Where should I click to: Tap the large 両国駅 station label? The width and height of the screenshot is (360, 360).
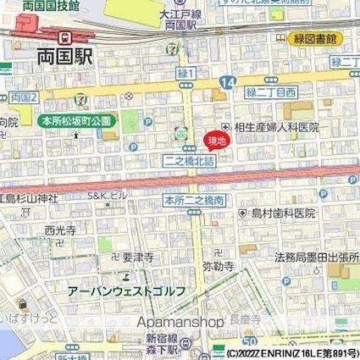click(x=65, y=58)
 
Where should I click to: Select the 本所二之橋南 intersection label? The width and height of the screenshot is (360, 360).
click(x=194, y=201)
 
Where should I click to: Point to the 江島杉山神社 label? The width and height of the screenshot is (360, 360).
click(x=28, y=199)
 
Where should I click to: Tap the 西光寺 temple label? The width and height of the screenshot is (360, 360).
click(x=60, y=230)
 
